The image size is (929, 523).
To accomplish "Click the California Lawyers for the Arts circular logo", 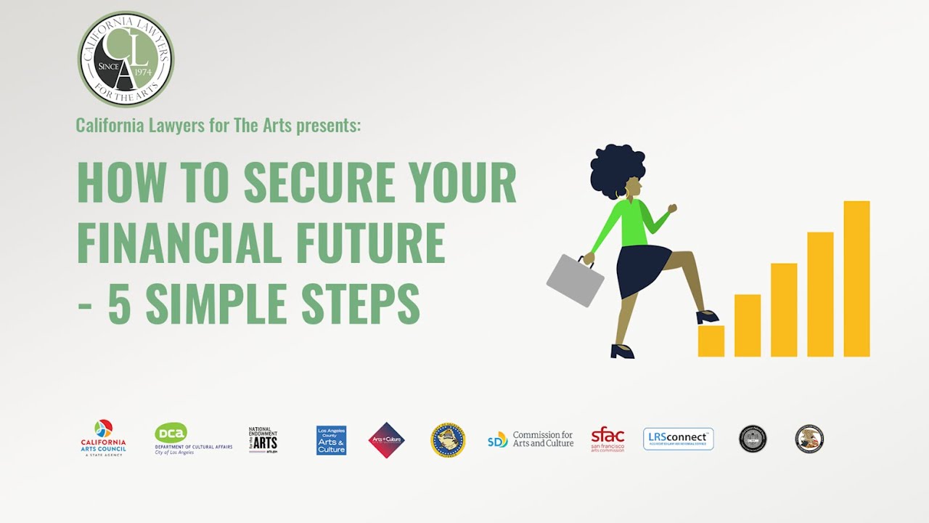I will pos(126,60).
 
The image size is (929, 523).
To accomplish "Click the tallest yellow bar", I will pos(856,279).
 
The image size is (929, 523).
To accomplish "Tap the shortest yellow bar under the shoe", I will pos(711,341).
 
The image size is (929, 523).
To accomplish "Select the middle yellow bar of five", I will pos(784,310).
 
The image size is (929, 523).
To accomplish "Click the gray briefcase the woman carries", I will pos(575,280).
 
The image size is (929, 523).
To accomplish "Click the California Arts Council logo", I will pos(103,438).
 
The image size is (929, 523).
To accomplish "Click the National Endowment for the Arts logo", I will pos(263,439).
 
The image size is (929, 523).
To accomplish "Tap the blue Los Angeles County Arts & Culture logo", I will pos(331,440).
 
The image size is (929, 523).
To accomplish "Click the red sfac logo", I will pos(607,439).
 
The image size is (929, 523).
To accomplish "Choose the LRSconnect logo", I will pos(678,439).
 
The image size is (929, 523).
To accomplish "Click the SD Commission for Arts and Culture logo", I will pos(531,439).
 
